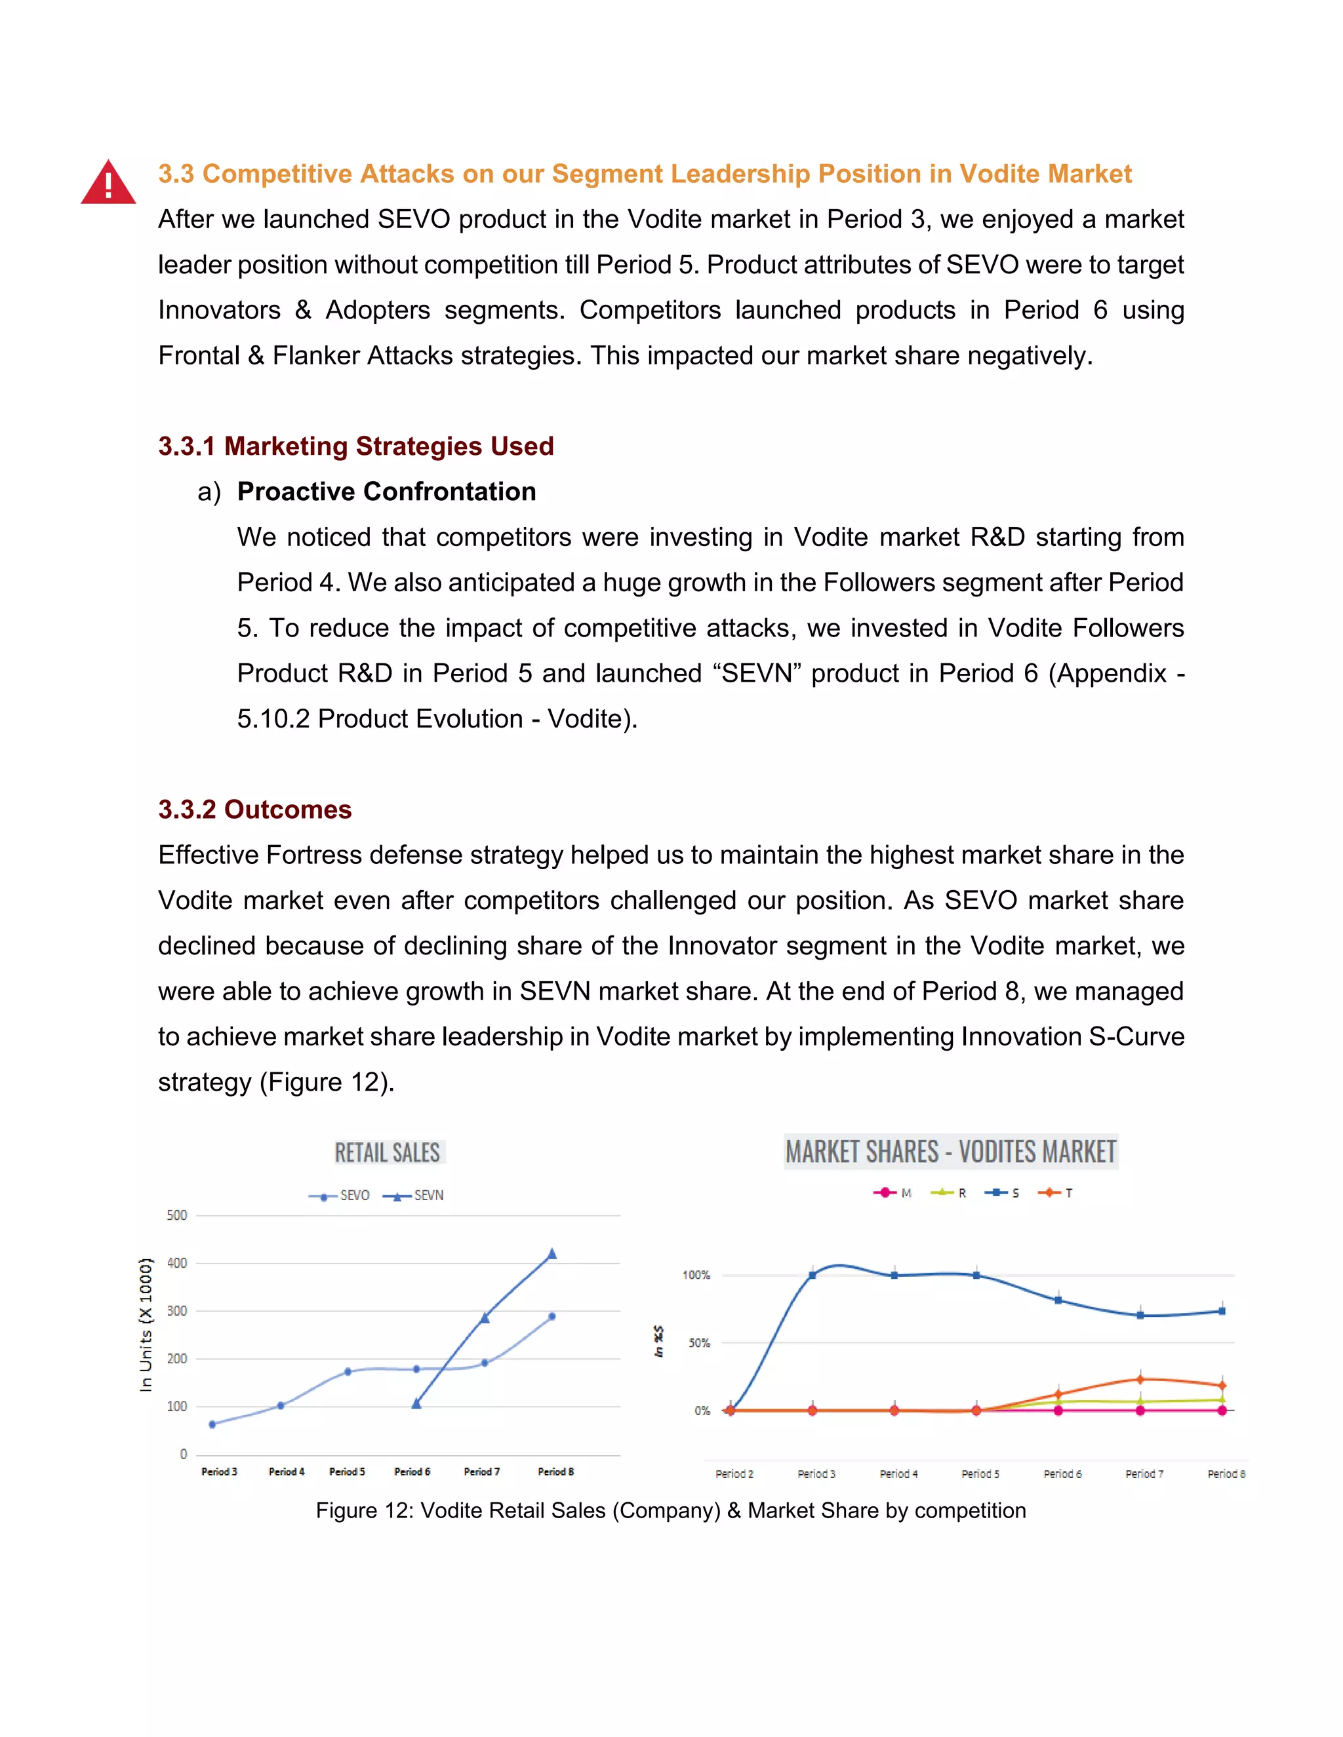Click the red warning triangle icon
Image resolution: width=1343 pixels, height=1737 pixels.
coord(108,184)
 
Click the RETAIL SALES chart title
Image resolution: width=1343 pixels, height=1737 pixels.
coord(388,1152)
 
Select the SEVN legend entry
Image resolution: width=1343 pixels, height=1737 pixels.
coord(414,1196)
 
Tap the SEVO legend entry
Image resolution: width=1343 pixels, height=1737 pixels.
coord(340,1196)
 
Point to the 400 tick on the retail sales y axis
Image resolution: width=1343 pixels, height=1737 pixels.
coord(176,1263)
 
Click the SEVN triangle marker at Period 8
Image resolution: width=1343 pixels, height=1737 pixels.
coord(552,1254)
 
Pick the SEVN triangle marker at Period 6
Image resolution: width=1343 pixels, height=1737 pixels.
coord(416,1404)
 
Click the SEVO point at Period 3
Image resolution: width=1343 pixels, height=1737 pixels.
coord(212,1424)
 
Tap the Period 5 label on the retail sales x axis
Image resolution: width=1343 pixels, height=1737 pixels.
coord(347,1472)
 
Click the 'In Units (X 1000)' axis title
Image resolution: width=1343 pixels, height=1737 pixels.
coord(146,1324)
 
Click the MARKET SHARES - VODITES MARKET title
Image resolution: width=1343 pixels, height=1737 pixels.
coord(951,1152)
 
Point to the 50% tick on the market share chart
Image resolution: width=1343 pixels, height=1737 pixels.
coord(699,1343)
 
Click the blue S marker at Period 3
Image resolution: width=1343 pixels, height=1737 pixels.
coord(812,1275)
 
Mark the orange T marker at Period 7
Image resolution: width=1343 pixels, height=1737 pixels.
coord(1140,1379)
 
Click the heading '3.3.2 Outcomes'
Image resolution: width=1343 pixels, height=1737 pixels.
coord(254,810)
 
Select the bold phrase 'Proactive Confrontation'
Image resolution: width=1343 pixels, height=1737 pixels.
coord(387,492)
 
